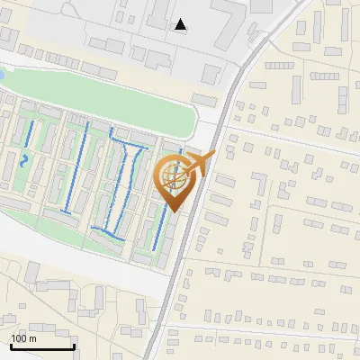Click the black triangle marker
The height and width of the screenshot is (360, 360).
[x=182, y=24]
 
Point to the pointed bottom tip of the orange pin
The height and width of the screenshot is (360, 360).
[x=173, y=211]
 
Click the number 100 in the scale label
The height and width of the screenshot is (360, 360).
[x=19, y=338]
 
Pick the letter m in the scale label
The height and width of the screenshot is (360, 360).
[x=32, y=338]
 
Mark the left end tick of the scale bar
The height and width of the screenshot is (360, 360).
[x=10, y=346]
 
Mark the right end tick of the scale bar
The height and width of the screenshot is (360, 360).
[x=73, y=346]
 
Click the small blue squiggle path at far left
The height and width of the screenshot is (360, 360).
[x=24, y=161]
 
